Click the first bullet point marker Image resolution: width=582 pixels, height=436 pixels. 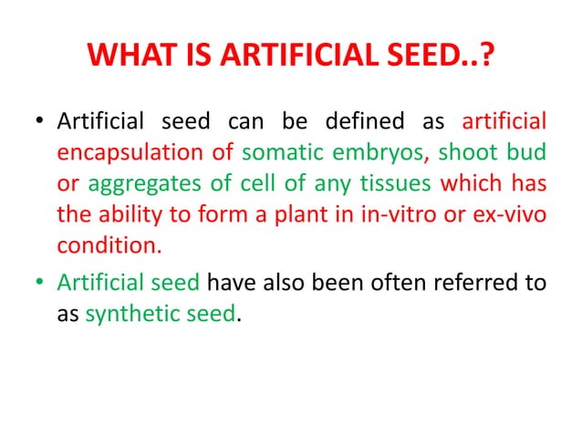37,122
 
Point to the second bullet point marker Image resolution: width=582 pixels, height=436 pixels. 37,283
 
